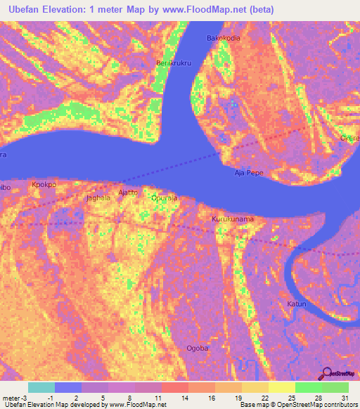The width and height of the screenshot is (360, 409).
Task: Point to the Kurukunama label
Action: pyautogui.click(x=233, y=219)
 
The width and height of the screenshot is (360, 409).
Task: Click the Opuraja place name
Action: pyautogui.click(x=165, y=199)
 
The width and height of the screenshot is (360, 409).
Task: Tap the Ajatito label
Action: pyautogui.click(x=128, y=192)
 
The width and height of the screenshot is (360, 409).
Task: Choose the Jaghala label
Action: pyautogui.click(x=98, y=198)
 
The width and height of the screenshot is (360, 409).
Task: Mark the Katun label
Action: pyautogui.click(x=296, y=304)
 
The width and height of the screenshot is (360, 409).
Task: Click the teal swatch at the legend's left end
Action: pyautogui.click(x=41, y=387)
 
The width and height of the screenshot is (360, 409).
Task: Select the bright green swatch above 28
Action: pyautogui.click(x=308, y=387)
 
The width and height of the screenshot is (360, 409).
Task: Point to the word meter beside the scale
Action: pyautogui.click(x=12, y=397)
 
